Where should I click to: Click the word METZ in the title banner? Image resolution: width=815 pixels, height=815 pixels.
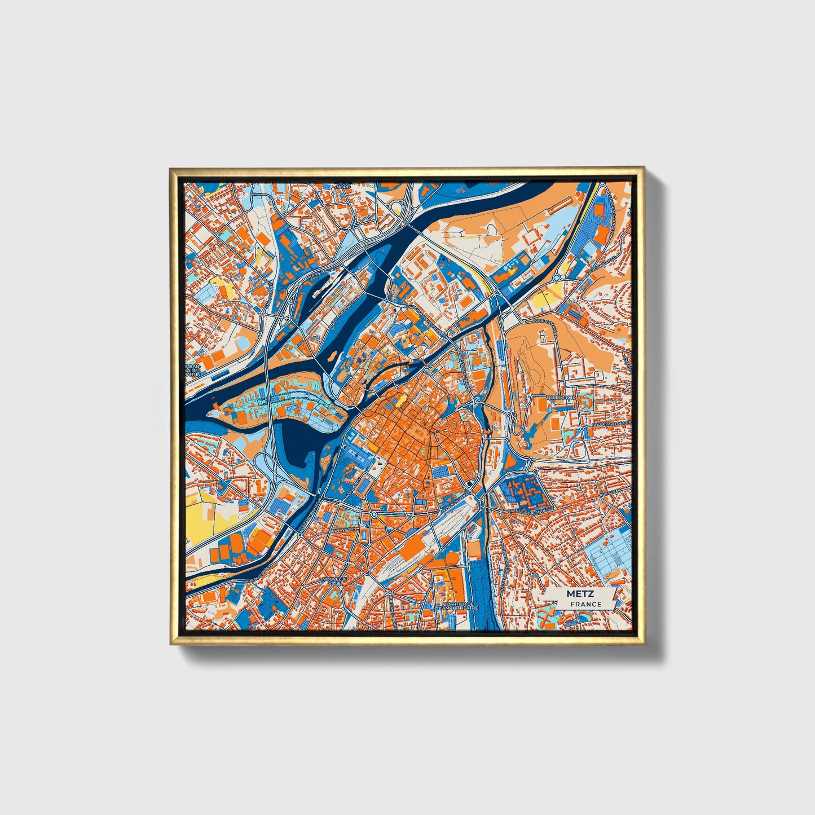pos(576,594)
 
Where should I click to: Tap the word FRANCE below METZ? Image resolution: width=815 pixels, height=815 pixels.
pos(585,604)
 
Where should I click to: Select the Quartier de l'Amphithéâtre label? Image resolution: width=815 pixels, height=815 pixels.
pos(459,606)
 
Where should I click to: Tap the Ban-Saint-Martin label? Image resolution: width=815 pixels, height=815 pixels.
pos(192,370)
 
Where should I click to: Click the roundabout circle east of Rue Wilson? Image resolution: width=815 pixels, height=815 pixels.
pos(373,514)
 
